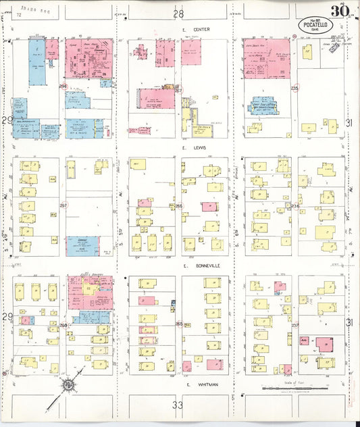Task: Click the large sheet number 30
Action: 338,11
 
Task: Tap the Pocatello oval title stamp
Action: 312,24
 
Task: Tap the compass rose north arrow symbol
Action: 68,386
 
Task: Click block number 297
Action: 63,205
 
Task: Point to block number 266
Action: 179,205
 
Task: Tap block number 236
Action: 294,205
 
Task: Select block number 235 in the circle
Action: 294,89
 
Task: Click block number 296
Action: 63,86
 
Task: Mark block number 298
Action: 63,325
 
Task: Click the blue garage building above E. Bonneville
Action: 83,245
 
